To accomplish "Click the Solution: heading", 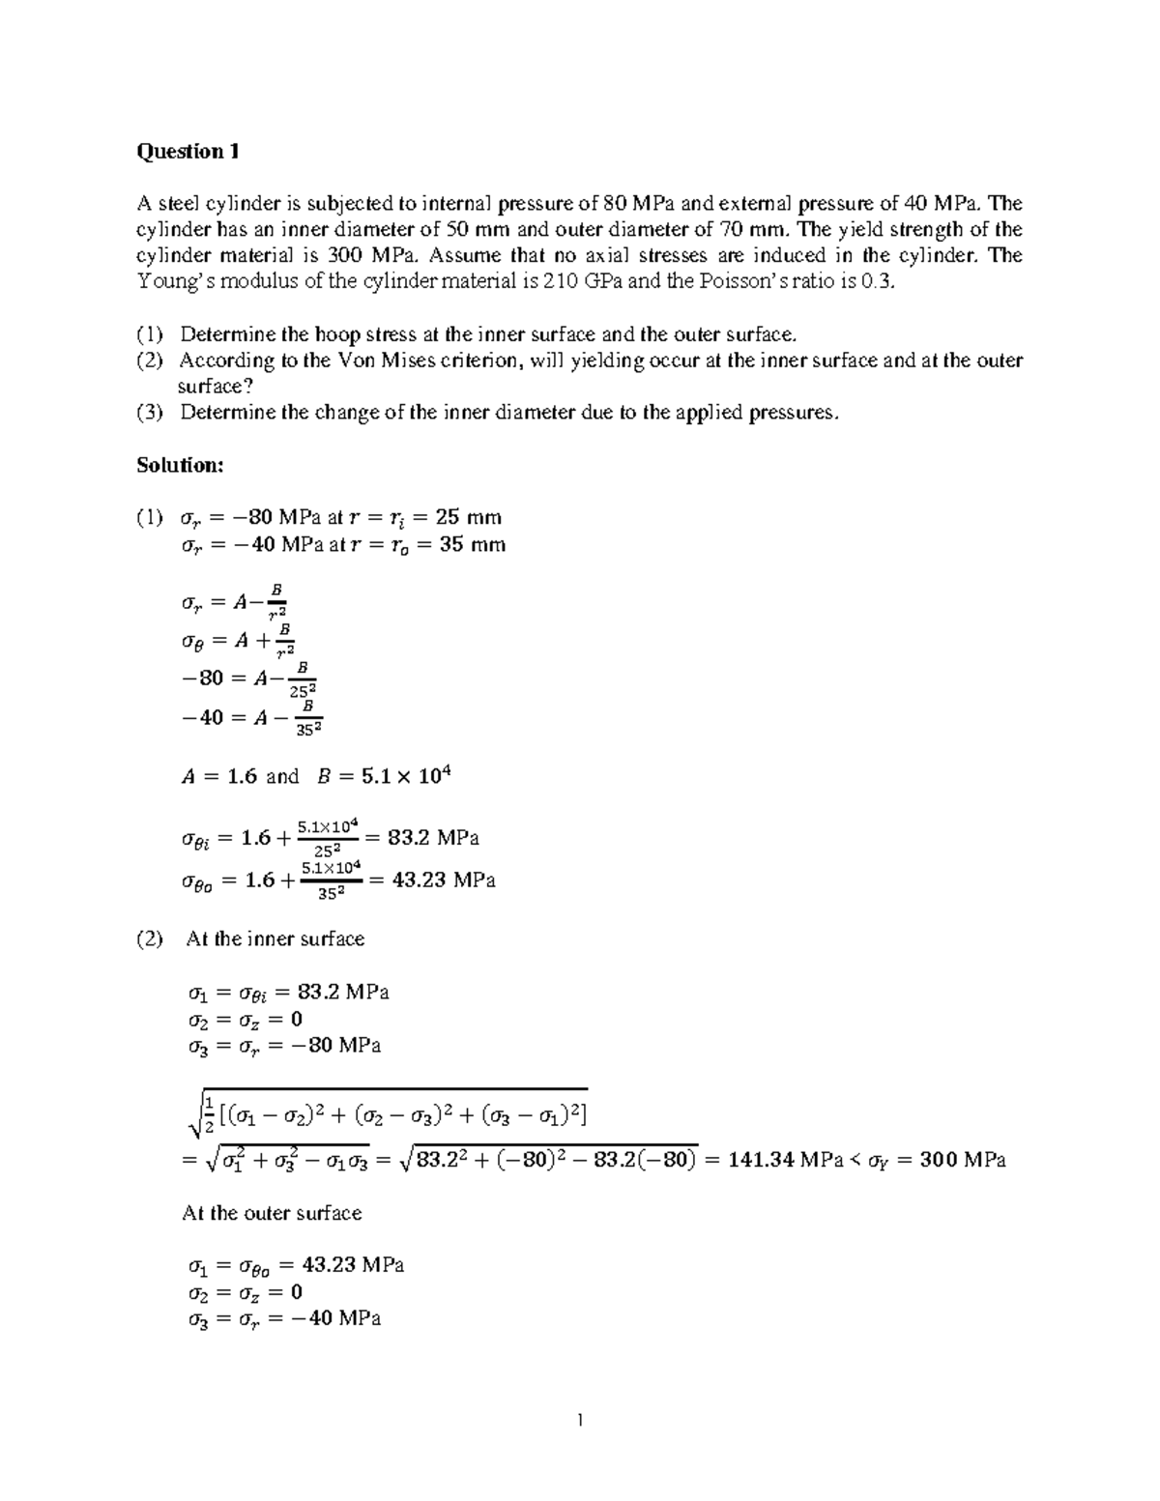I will pyautogui.click(x=180, y=465).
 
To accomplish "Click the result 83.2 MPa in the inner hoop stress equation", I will pyautogui.click(x=433, y=838).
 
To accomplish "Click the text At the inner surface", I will pyautogui.click(x=275, y=939).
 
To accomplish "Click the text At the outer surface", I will pyautogui.click(x=272, y=1213).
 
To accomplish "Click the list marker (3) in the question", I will pyautogui.click(x=150, y=413).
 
